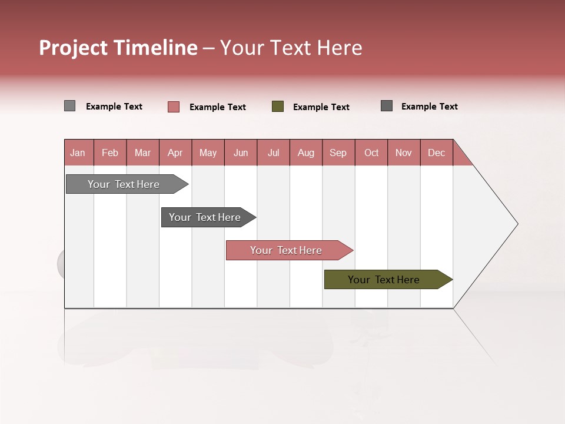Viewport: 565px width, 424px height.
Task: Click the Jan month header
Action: pyautogui.click(x=78, y=153)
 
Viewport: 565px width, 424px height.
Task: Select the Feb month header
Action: pyautogui.click(x=110, y=153)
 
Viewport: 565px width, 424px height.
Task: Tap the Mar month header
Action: pyautogui.click(x=142, y=153)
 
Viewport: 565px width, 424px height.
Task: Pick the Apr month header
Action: pyautogui.click(x=175, y=153)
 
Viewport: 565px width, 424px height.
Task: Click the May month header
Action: pyautogui.click(x=208, y=153)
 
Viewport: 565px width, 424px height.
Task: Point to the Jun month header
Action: pyautogui.click(x=241, y=153)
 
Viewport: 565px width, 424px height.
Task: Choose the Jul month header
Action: pyautogui.click(x=273, y=153)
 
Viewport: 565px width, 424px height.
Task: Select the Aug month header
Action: pyautogui.click(x=306, y=153)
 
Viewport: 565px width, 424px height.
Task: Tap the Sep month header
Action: pyautogui.click(x=338, y=153)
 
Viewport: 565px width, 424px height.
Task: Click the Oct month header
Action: pyautogui.click(x=371, y=153)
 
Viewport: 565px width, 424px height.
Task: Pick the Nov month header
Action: pyautogui.click(x=404, y=153)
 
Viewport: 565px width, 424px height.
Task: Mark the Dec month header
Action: pyautogui.click(x=437, y=153)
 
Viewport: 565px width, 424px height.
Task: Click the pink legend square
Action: pyautogui.click(x=174, y=107)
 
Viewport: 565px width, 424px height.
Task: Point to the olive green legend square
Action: pyautogui.click(x=278, y=107)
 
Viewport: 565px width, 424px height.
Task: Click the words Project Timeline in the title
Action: pyautogui.click(x=118, y=48)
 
